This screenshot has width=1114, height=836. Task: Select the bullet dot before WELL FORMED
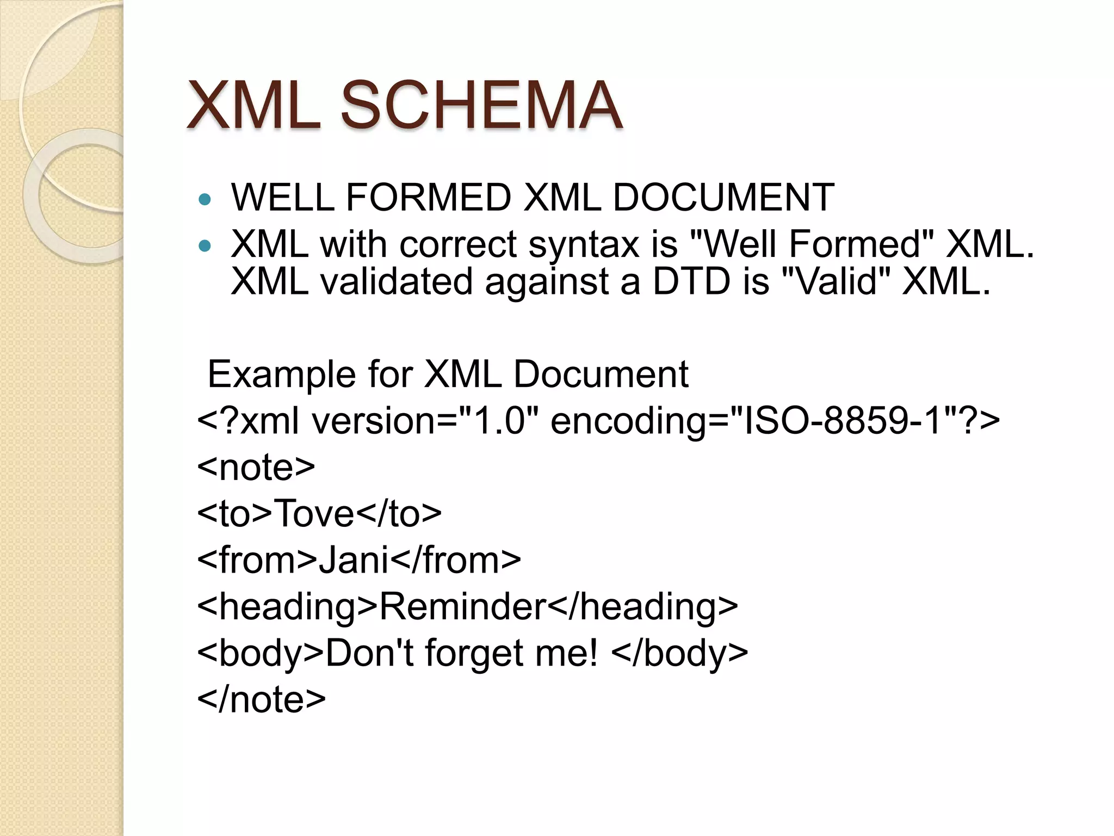(205, 200)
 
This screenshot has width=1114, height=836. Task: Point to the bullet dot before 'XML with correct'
(205, 247)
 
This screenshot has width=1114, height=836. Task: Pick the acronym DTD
(691, 281)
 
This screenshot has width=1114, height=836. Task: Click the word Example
(281, 375)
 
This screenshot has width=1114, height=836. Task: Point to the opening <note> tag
(256, 467)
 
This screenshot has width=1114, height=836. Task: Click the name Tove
(315, 513)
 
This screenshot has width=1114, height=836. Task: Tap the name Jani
(354, 560)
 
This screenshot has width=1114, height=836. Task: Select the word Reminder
(463, 606)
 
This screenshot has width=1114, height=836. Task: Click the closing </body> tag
(679, 653)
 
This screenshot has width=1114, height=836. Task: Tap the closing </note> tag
(262, 699)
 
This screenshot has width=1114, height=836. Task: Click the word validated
(396, 281)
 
